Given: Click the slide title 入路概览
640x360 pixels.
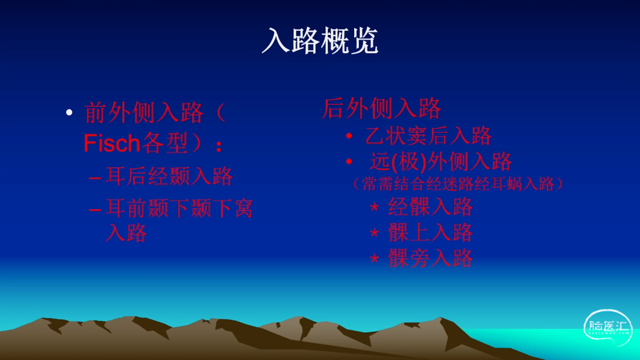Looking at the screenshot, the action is (x=320, y=40).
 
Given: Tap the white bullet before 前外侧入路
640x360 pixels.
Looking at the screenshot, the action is (x=69, y=112).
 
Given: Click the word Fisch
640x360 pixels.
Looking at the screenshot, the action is (x=111, y=143).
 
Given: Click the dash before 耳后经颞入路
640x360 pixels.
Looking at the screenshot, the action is (x=95, y=178).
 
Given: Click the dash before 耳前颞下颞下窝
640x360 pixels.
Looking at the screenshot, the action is (x=95, y=210).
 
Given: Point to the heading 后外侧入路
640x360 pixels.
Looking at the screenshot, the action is (x=381, y=108).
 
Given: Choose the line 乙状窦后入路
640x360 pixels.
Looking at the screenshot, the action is (x=428, y=135).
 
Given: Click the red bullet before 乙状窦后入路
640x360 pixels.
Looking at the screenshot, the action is (x=349, y=136).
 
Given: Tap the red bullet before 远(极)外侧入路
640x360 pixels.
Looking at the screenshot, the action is (x=349, y=161).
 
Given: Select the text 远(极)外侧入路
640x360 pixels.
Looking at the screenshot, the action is (x=440, y=161).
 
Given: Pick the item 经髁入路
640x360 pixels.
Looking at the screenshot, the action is (x=430, y=206).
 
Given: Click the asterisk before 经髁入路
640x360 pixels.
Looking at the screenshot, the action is (x=374, y=207).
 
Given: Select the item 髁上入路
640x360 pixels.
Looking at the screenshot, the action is (x=430, y=232).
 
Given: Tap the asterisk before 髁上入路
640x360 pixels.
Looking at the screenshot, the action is (x=374, y=232).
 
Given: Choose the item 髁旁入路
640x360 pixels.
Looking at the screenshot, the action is (x=430, y=257).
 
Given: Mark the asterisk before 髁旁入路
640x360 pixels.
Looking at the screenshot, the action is (x=374, y=258).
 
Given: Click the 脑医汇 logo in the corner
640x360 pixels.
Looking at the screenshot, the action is (x=607, y=327).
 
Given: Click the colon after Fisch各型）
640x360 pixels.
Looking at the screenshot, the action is (x=219, y=146).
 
